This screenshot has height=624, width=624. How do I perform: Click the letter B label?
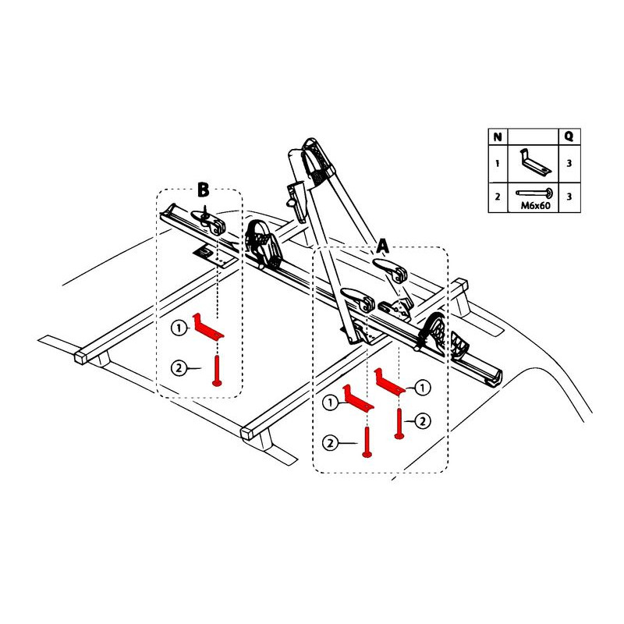[x=203, y=190]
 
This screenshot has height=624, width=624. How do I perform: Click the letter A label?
[x=382, y=246]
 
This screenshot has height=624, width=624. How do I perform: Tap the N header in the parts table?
[x=497, y=136]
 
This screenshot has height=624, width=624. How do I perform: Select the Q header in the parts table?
[x=569, y=136]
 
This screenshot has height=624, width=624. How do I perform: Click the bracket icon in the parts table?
[x=533, y=163]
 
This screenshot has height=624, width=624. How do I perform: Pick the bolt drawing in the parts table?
[x=534, y=192]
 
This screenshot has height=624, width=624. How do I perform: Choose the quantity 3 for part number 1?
[x=569, y=164]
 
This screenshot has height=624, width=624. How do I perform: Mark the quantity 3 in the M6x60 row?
[x=569, y=196]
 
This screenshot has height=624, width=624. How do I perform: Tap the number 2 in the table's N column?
[x=497, y=196]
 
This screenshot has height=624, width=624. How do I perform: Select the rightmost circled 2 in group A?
[x=422, y=421]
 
